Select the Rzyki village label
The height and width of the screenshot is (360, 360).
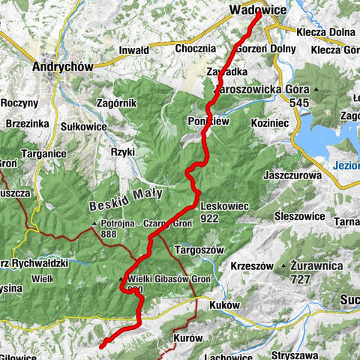point(122,151)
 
